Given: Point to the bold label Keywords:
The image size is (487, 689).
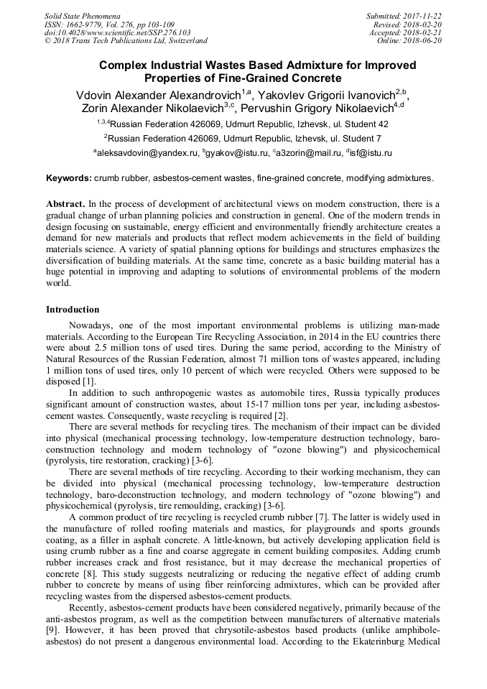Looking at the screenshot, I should click(68, 177).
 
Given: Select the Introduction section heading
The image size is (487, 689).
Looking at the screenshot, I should click(73, 310).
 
